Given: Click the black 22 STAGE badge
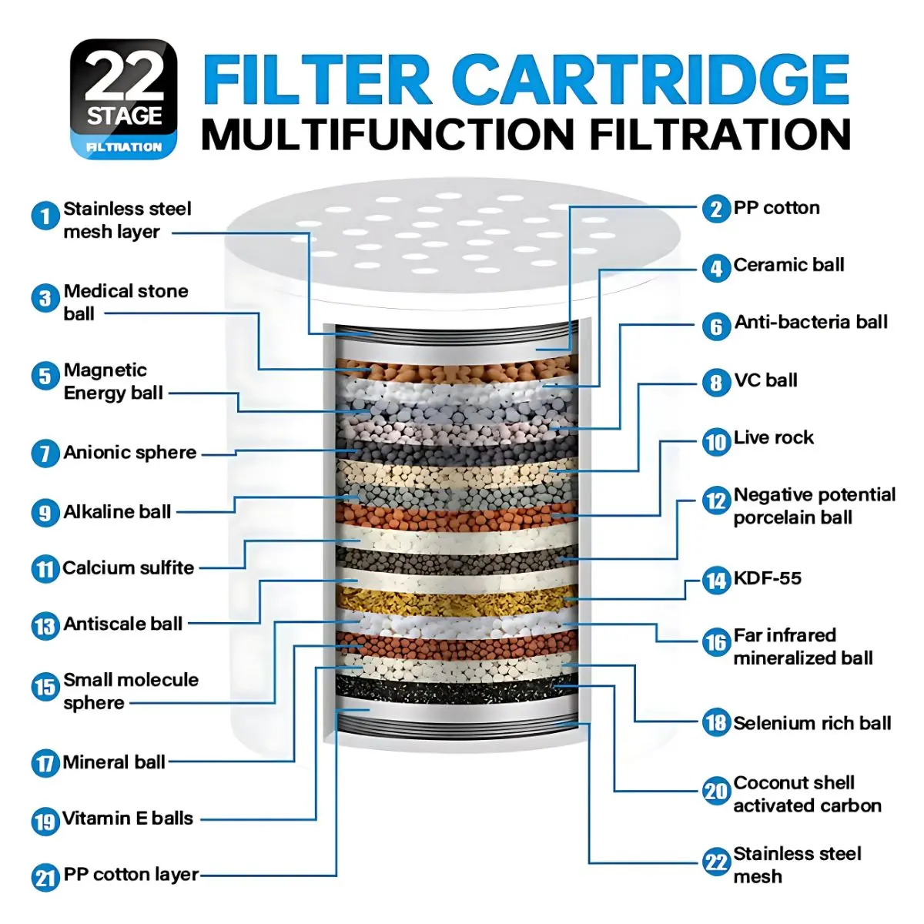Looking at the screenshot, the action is click(124, 99).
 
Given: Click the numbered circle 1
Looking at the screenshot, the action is click(45, 216).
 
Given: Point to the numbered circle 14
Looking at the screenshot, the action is click(716, 581).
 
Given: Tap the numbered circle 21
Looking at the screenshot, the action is click(45, 878).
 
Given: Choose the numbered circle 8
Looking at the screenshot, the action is click(716, 382).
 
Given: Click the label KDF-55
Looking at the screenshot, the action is click(767, 577).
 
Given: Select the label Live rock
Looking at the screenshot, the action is click(773, 437).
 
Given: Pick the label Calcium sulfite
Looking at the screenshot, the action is click(129, 567).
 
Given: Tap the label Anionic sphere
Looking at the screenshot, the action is click(130, 452).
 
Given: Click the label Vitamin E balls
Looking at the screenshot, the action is click(128, 818).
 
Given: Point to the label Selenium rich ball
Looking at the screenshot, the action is click(812, 723).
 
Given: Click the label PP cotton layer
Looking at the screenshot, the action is click(131, 874).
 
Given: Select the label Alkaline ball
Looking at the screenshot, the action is click(117, 511).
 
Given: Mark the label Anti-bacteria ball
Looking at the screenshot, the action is click(811, 322).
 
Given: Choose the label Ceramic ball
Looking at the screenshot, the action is click(788, 265).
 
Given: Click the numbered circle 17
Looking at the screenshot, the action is click(45, 762).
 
